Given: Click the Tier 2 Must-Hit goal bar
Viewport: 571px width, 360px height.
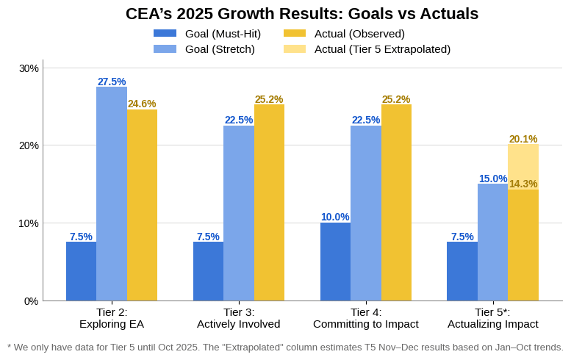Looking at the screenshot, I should (81, 271).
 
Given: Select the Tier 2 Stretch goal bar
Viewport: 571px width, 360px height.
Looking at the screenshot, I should (112, 194).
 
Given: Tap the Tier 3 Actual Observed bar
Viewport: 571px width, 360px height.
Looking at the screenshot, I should (269, 203).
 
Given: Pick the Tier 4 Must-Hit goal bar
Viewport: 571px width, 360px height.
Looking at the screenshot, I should (335, 262).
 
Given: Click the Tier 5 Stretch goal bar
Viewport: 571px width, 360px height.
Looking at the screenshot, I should (492, 242).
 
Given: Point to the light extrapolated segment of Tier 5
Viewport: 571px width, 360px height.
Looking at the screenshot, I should (523, 167).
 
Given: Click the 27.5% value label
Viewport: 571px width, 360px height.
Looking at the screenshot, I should (112, 82).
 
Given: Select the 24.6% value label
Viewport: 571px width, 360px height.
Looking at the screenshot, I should (142, 104).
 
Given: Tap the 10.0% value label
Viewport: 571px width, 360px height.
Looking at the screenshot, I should (335, 217).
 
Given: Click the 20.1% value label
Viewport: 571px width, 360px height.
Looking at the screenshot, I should (523, 139).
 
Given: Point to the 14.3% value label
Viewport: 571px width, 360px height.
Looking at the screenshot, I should (523, 184).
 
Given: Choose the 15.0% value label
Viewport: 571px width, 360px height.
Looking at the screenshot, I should (492, 179).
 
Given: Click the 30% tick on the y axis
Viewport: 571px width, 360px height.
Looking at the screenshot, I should (29, 68).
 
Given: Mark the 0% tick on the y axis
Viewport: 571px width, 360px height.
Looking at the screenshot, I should (31, 301).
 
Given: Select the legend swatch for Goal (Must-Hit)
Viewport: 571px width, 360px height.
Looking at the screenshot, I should (165, 34).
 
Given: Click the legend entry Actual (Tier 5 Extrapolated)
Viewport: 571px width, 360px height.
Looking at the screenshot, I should (382, 49).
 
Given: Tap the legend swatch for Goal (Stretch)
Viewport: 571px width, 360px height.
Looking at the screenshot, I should (165, 49).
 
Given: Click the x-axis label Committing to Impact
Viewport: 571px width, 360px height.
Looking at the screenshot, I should (366, 324).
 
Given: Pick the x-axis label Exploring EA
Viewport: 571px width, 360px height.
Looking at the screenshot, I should (112, 324).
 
